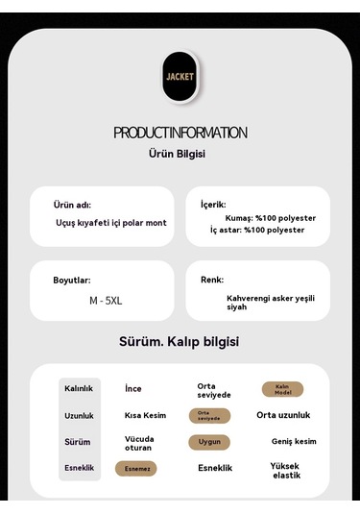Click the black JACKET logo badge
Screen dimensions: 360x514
tap(180, 76)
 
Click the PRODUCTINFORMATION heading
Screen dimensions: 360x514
tap(180, 133)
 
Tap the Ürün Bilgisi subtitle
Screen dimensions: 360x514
tap(178, 154)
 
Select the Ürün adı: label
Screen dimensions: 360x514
tap(72, 205)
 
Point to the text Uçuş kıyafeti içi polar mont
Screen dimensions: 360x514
tap(110, 223)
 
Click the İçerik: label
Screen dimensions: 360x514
tap(213, 205)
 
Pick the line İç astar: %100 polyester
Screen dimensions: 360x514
tap(257, 231)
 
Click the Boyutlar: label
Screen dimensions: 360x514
tap(72, 281)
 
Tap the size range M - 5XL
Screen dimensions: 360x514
tap(106, 301)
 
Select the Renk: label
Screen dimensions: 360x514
tap(212, 280)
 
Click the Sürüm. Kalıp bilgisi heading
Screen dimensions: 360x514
tap(179, 342)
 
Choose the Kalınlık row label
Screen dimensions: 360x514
tap(79, 389)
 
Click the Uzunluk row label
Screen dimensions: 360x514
tap(79, 416)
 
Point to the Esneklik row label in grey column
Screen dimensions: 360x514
tap(79, 468)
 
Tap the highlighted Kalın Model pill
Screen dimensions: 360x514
tap(282, 389)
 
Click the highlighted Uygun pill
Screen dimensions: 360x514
tap(208, 442)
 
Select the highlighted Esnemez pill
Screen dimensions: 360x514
tap(135, 469)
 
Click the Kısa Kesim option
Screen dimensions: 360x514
tap(145, 416)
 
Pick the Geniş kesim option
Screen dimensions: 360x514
tap(294, 442)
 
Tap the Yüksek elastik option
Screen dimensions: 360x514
tap(286, 471)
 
